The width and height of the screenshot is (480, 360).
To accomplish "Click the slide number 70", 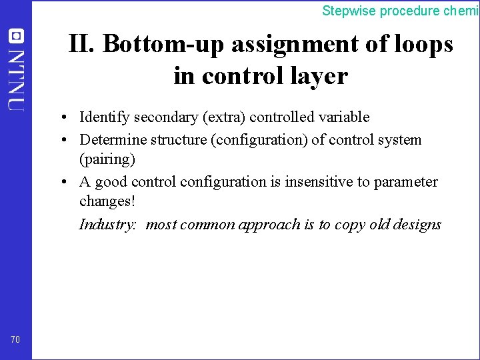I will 15,340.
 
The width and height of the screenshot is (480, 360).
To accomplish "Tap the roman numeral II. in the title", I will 83,44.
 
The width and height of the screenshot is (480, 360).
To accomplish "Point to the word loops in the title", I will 422,44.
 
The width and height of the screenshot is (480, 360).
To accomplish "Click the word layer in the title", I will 316,76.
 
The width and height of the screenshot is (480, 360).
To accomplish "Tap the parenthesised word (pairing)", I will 107,160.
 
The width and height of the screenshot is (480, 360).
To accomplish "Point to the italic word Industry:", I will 108,224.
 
